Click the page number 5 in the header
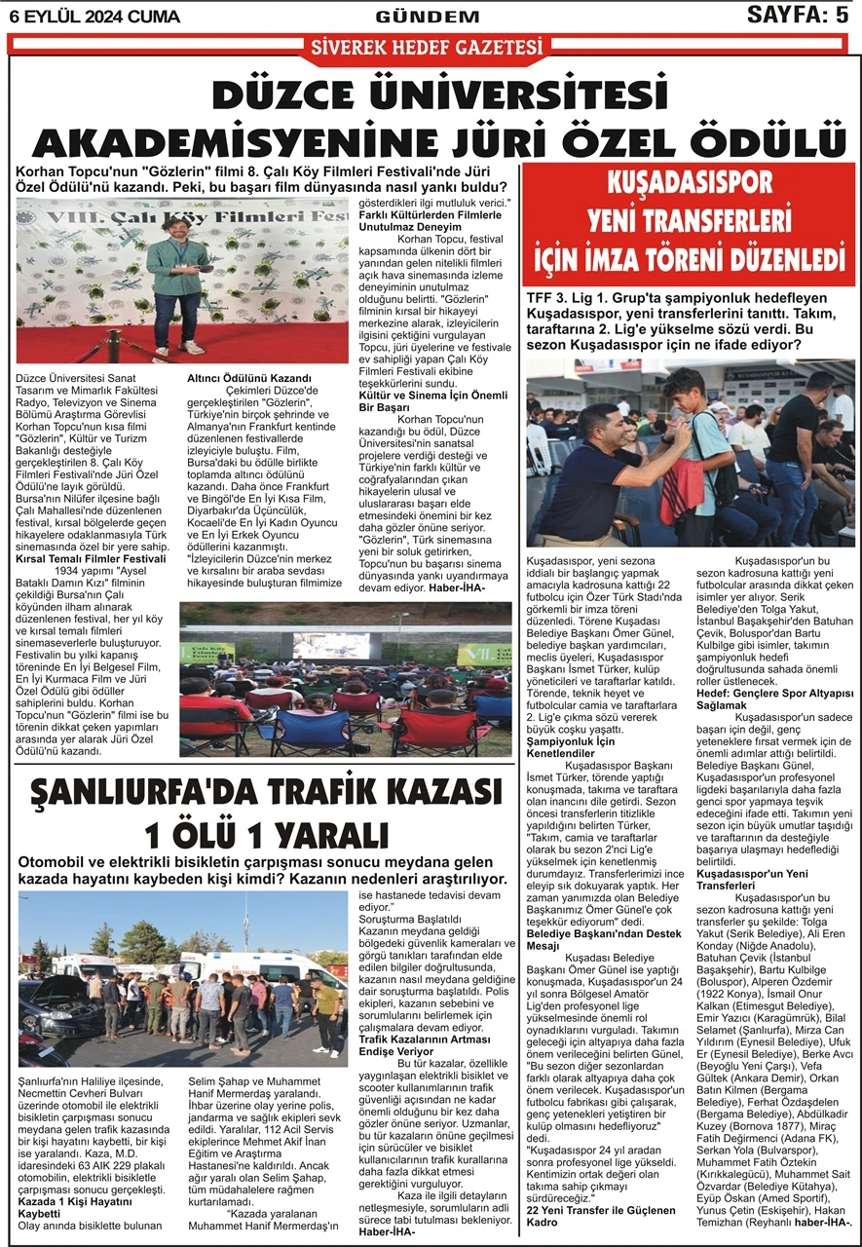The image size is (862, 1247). (842, 15)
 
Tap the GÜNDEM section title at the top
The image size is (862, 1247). (428, 17)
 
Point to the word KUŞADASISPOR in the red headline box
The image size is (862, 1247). (690, 182)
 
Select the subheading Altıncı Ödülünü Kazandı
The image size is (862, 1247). (248, 378)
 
